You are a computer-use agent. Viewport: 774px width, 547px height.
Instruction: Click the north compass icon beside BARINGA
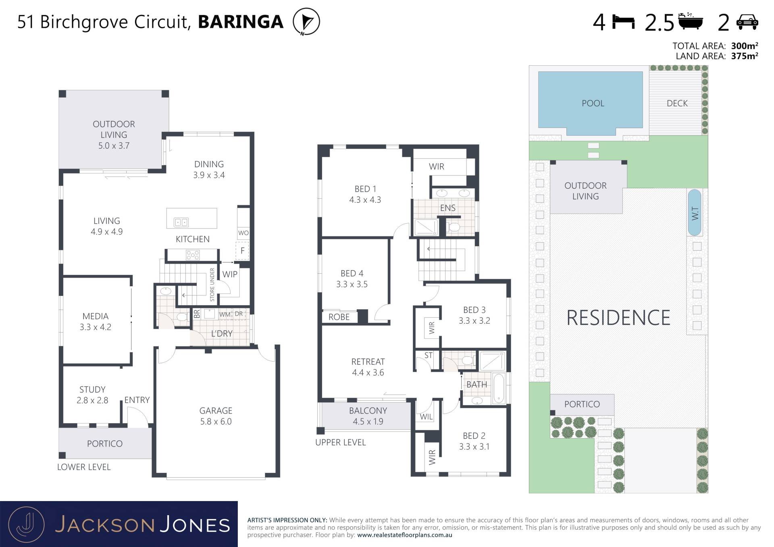click(306, 21)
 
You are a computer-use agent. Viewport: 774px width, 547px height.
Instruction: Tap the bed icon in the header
click(623, 22)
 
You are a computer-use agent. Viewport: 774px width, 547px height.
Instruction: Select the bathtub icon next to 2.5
click(691, 21)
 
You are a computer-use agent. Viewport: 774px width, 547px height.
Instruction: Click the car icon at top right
click(747, 22)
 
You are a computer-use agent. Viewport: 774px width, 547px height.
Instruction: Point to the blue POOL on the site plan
click(591, 103)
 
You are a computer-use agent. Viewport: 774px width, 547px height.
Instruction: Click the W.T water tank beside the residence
click(695, 212)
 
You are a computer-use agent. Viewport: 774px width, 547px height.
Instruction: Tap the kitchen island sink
click(181, 222)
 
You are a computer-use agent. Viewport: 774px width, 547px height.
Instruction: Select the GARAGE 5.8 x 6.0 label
click(216, 416)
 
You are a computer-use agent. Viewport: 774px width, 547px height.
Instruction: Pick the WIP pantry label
click(230, 274)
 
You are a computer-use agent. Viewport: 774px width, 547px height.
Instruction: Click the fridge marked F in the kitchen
click(242, 251)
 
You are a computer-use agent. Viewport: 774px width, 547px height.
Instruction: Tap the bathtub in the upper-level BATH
click(499, 388)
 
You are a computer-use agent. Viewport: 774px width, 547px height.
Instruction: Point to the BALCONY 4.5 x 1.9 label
click(368, 416)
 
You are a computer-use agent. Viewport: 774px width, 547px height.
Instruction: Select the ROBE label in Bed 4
click(339, 317)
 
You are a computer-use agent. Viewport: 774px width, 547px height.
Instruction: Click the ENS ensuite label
click(448, 208)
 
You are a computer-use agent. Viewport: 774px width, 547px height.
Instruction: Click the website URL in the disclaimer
click(404, 535)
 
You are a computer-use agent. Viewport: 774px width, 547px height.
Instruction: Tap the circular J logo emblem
click(26, 524)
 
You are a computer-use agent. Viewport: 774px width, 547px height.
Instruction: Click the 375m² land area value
click(745, 56)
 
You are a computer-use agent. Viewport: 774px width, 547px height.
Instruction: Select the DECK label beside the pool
click(677, 103)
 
